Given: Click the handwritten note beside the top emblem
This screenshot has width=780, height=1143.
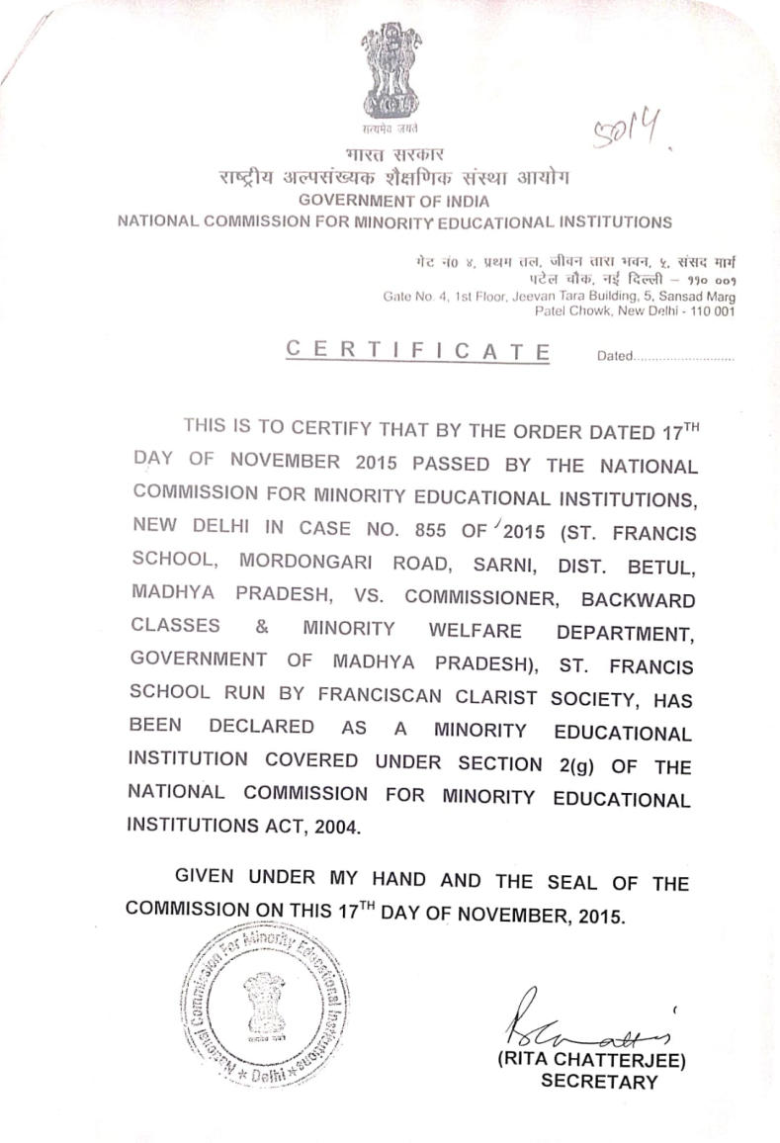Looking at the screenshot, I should [x=628, y=130].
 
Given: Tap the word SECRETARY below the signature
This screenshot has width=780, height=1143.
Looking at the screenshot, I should [x=599, y=1082].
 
